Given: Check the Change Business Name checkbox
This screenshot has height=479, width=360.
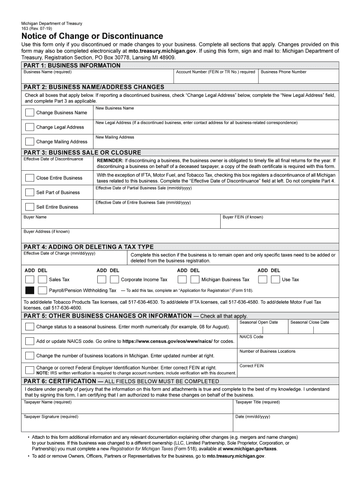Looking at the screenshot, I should tap(29, 113).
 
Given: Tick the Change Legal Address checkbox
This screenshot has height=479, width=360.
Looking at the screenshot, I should tap(29, 127).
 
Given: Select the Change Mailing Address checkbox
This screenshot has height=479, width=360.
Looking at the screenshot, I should tap(29, 142).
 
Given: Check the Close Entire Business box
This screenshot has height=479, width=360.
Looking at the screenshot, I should tap(29, 178).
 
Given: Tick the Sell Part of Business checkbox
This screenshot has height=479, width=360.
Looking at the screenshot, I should tap(29, 192).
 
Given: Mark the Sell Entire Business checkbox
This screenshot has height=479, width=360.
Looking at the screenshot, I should tap(29, 207).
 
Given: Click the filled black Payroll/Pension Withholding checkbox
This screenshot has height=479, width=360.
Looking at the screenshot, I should tap(29, 290).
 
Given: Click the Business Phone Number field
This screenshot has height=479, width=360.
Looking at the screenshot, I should tap(298, 78).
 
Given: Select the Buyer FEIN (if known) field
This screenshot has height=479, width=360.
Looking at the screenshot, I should tap(280, 223).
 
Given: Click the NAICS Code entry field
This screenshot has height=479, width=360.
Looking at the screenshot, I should tap(288, 342).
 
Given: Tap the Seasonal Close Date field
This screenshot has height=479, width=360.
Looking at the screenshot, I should tap(313, 328).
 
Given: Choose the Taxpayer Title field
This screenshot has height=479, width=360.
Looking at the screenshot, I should tap(286, 408).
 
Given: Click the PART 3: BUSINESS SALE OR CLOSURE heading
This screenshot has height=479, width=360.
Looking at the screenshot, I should tap(82, 152).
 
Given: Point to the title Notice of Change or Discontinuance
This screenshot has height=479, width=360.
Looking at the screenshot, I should tap(92, 36).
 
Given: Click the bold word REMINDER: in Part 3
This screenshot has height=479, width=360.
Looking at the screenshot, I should tap(109, 160).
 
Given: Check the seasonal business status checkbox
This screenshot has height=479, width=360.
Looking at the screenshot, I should tap(29, 327).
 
